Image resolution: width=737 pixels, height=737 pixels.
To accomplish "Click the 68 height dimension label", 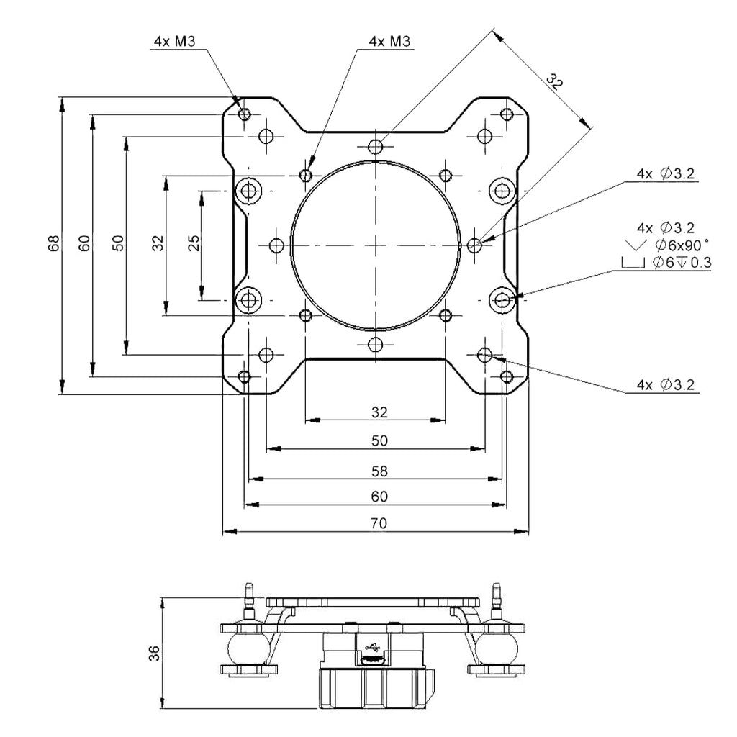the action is click(55, 243).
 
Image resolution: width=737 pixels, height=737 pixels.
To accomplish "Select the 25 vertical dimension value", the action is click(194, 243).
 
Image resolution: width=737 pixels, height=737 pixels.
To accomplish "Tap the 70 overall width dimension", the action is click(379, 523).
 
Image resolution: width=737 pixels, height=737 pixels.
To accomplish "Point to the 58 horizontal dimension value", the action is click(379, 471).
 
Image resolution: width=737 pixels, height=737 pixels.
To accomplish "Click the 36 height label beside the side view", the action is click(154, 654).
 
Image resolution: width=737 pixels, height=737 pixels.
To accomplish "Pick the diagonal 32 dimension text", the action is click(555, 82).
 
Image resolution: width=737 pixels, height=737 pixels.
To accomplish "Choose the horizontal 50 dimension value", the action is click(379, 441).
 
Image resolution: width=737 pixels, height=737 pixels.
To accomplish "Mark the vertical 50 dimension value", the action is click(119, 243).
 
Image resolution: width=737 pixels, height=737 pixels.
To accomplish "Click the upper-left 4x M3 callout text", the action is click(174, 41).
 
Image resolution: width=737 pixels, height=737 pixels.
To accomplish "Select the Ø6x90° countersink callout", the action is click(681, 245).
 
